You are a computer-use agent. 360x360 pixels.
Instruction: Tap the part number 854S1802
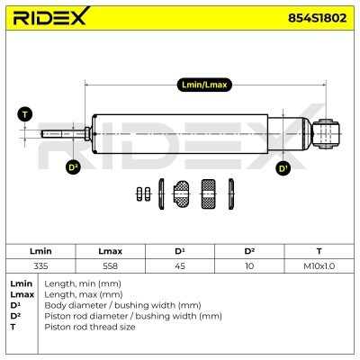(317, 18)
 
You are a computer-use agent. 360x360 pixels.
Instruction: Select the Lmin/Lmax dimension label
(204, 85)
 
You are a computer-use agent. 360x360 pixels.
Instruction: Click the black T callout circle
(25, 114)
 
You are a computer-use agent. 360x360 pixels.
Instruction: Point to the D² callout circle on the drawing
(73, 166)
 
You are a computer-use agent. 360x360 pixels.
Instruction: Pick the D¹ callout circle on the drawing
(283, 168)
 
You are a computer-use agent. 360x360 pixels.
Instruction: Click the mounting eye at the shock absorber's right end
(326, 134)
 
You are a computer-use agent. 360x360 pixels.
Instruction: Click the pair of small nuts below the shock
(143, 194)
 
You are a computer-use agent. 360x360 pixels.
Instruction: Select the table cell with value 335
(40, 266)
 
